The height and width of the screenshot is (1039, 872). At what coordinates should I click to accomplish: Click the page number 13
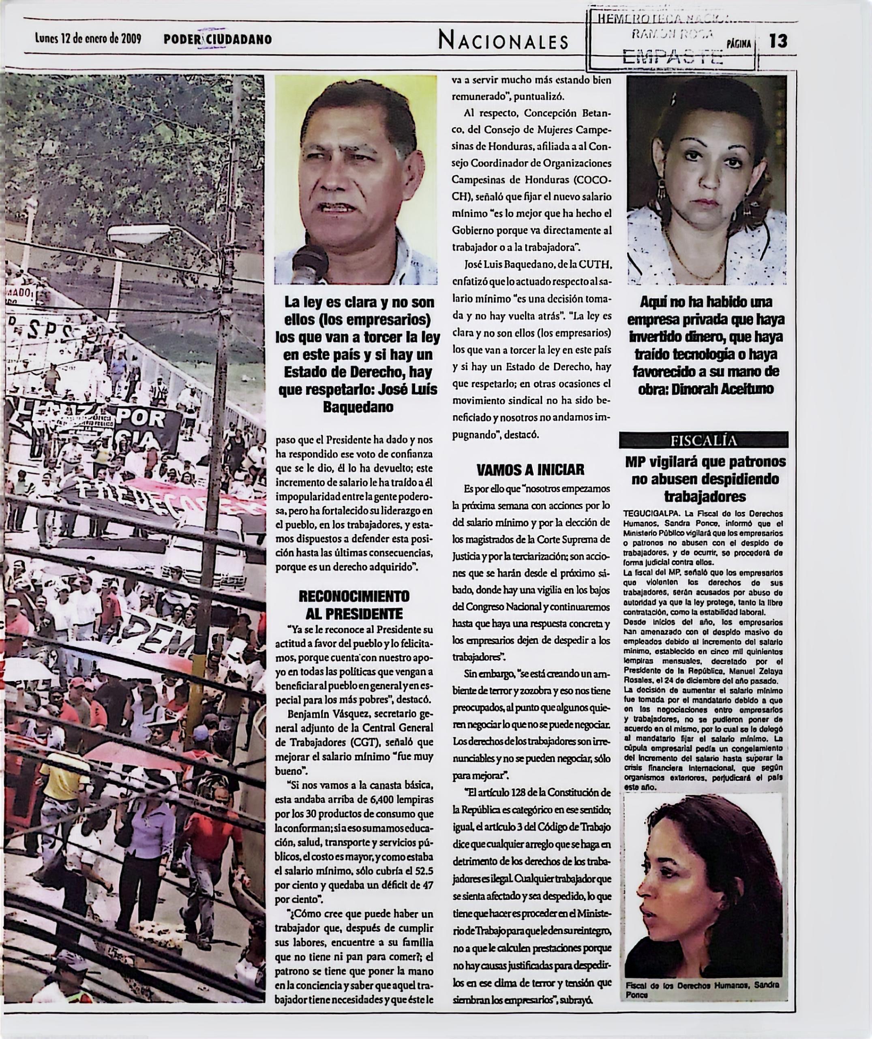[x=778, y=41]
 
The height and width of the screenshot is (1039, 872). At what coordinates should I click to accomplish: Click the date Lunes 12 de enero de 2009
[x=88, y=38]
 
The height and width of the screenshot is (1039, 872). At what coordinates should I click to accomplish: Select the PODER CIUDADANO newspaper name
[x=218, y=39]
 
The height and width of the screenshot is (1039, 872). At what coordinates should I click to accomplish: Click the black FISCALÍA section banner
[x=703, y=440]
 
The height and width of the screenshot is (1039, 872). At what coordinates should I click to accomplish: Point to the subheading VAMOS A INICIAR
[x=531, y=469]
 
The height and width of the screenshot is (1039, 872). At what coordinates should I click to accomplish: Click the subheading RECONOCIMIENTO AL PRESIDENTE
[x=354, y=605]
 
